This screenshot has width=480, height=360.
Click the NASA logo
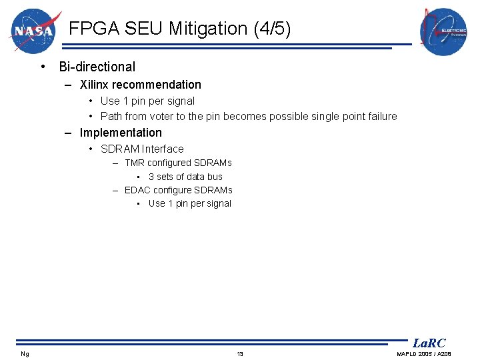click(x=35, y=31)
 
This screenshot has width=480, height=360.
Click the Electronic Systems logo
click(x=443, y=32)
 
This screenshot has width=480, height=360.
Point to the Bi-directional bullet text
click(x=97, y=67)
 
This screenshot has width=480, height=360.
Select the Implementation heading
click(x=121, y=133)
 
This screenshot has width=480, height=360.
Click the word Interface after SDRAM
click(x=163, y=149)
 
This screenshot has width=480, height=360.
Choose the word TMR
click(x=134, y=163)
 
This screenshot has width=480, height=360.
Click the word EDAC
click(x=137, y=190)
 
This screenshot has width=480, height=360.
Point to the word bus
click(x=215, y=177)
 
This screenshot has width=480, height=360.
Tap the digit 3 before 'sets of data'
click(x=151, y=177)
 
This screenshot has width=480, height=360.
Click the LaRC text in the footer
click(x=429, y=343)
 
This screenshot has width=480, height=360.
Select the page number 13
click(x=240, y=354)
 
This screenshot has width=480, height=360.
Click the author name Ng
click(x=25, y=354)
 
